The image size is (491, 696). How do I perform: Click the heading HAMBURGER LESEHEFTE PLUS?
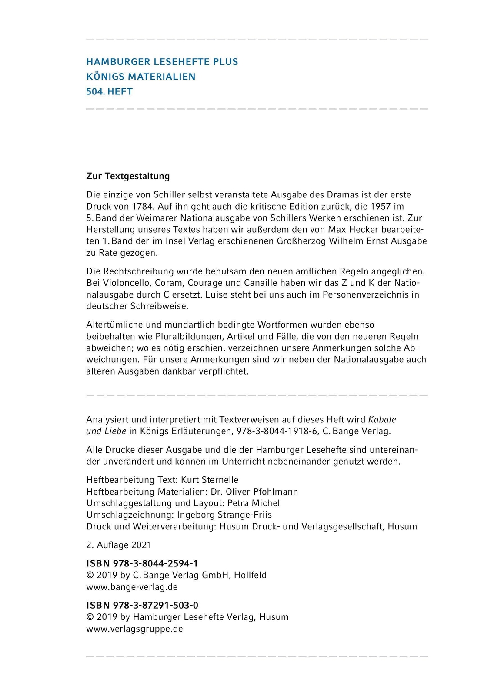(162, 62)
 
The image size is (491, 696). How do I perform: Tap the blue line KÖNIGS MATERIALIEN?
(141, 77)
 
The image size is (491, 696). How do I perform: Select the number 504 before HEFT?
(94, 91)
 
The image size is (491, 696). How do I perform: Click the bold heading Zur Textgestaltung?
(128, 176)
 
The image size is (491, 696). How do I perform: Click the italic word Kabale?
(382, 420)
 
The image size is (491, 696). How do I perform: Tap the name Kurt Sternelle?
(210, 480)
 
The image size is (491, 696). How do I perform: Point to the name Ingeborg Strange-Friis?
(224, 515)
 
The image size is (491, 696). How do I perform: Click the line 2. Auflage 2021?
(119, 545)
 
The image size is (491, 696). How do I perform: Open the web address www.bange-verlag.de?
(132, 587)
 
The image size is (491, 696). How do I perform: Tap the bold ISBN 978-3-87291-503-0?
(142, 605)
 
